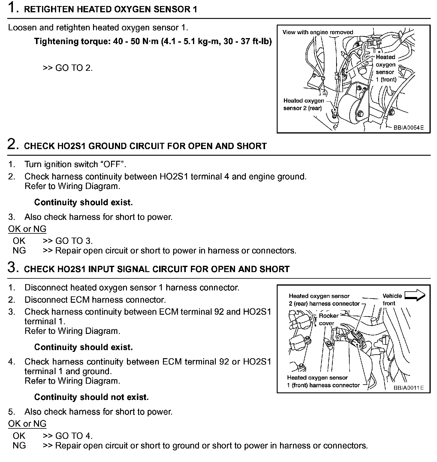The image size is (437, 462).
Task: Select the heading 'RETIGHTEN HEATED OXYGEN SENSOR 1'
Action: [x=110, y=9]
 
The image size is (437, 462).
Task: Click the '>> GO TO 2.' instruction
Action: [x=68, y=68]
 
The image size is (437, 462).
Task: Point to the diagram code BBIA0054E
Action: [x=408, y=127]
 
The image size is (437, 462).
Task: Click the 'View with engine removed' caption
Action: [x=318, y=32]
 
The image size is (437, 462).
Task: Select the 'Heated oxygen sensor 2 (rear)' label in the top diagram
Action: [x=303, y=104]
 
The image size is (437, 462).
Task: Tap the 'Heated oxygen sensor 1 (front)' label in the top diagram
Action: [x=386, y=68]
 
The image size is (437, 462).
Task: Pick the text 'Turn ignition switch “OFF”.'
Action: [x=75, y=164]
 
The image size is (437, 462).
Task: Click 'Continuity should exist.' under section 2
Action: [x=83, y=202]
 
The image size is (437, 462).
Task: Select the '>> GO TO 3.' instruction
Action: [x=68, y=241]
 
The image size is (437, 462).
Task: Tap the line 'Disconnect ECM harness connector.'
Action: [x=95, y=300]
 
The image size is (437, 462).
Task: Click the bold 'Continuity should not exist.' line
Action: [x=92, y=397]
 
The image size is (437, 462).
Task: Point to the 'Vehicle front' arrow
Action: [x=415, y=296]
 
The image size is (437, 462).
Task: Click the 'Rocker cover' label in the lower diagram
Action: [x=328, y=319]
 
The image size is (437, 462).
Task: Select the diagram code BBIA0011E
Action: [x=408, y=388]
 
